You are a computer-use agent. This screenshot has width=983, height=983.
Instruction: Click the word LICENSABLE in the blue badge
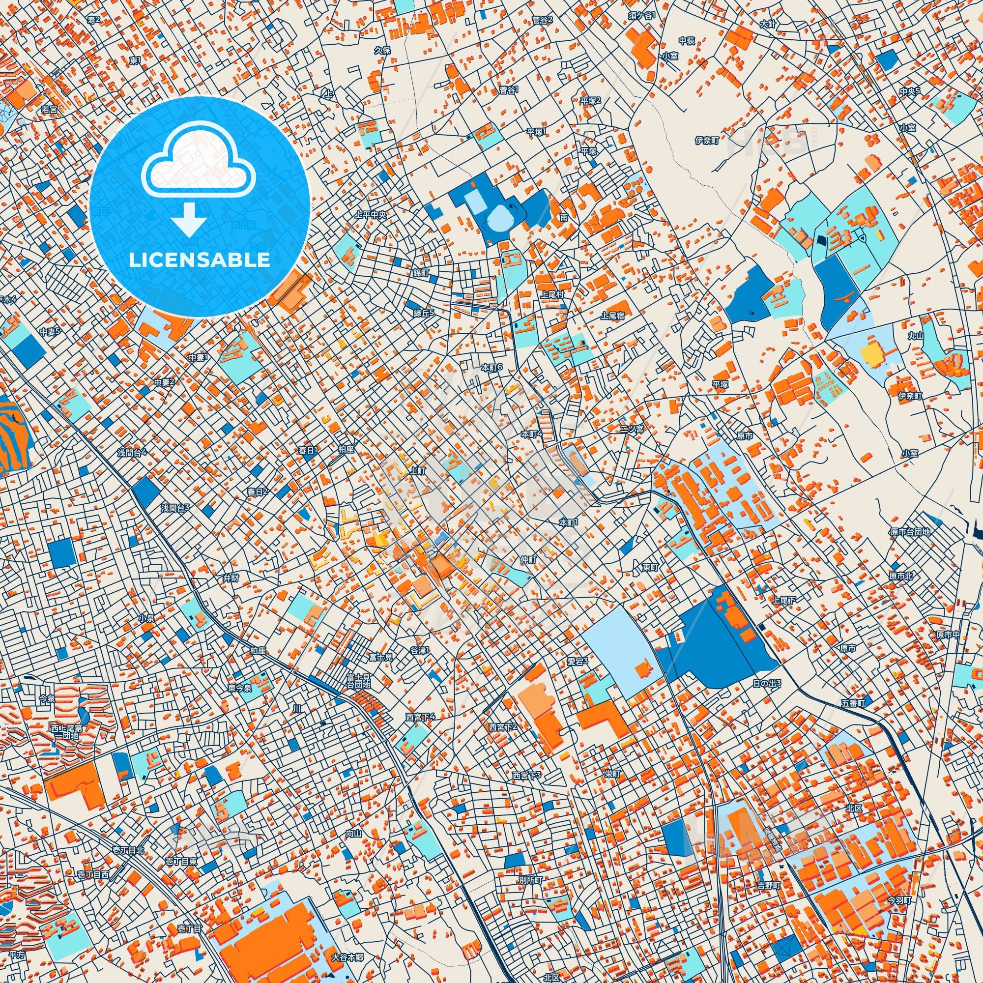200,260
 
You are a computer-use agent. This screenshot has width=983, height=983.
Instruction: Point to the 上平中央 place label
371,215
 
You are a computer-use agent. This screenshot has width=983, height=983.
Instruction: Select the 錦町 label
421,273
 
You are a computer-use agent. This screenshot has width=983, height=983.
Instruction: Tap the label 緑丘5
424,314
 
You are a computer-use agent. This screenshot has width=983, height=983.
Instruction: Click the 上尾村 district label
552,294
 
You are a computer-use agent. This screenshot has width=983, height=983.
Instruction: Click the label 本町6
491,367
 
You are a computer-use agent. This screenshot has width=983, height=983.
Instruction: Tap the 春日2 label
258,491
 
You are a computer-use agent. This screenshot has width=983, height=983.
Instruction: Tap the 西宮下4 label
420,717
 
